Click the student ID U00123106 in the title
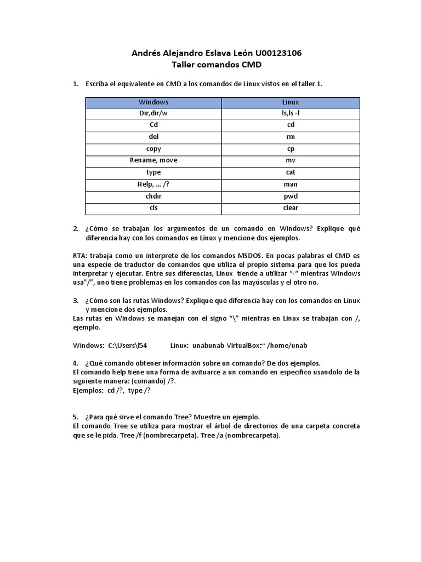(x=275, y=53)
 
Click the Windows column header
(x=153, y=102)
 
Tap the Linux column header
(x=291, y=102)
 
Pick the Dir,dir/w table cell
(x=153, y=114)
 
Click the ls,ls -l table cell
(x=291, y=114)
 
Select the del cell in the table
(x=153, y=137)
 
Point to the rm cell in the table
(x=291, y=137)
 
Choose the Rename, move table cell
(x=153, y=160)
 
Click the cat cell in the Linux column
(x=291, y=172)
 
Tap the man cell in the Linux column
(x=291, y=184)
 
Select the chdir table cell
(x=153, y=196)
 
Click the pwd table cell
(x=291, y=196)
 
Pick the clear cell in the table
(x=291, y=208)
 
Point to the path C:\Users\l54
(x=128, y=345)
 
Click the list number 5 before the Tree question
(x=76, y=417)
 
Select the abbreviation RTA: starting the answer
(x=80, y=256)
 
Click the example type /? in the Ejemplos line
(x=139, y=390)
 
